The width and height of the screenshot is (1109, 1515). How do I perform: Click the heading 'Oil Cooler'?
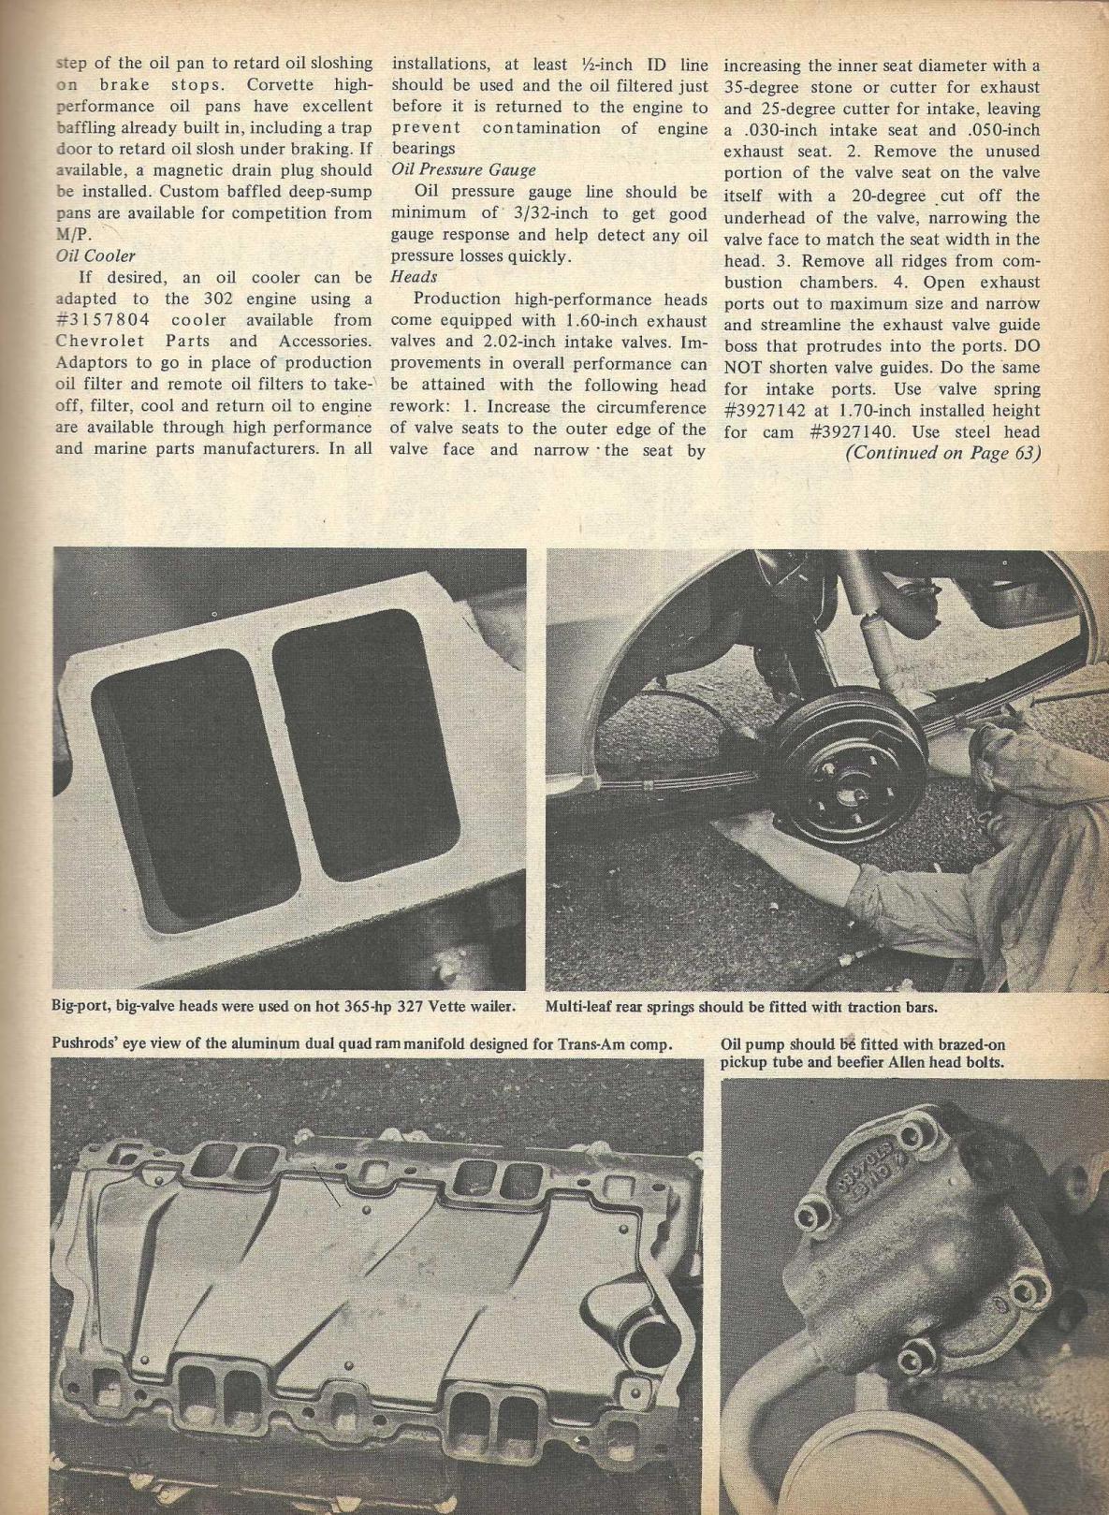[95, 255]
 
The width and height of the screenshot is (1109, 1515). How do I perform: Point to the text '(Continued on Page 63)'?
[943, 453]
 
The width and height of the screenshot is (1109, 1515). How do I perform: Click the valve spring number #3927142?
[774, 410]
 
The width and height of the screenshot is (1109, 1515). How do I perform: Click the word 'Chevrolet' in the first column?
[97, 342]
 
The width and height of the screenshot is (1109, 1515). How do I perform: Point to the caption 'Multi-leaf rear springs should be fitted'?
[741, 1007]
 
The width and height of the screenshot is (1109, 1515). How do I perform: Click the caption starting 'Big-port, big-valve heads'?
[282, 1007]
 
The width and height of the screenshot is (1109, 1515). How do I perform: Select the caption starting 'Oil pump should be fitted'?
[866, 1054]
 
